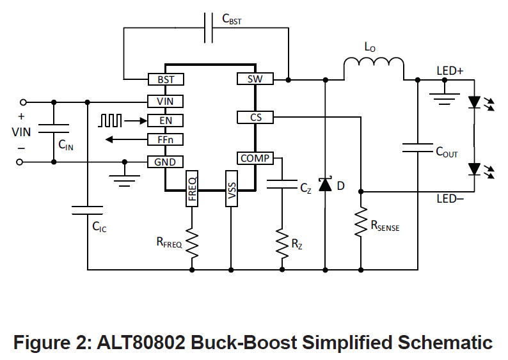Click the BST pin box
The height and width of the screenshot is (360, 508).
(x=166, y=80)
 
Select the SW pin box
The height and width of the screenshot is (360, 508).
(x=255, y=79)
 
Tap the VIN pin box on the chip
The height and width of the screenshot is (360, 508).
(x=166, y=101)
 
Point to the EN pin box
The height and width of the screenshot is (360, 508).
(x=166, y=121)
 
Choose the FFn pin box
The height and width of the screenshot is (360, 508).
(x=166, y=140)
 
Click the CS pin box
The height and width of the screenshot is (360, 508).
(x=255, y=118)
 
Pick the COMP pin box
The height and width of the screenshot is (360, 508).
(x=255, y=159)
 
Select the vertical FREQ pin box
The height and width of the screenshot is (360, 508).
(x=192, y=187)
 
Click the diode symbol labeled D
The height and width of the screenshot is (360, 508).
(x=326, y=185)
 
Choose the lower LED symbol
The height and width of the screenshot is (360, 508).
(x=474, y=169)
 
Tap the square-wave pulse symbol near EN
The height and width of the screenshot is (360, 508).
(x=109, y=120)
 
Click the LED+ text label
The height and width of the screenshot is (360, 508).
(x=450, y=71)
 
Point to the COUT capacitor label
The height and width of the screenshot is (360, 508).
(x=447, y=152)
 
